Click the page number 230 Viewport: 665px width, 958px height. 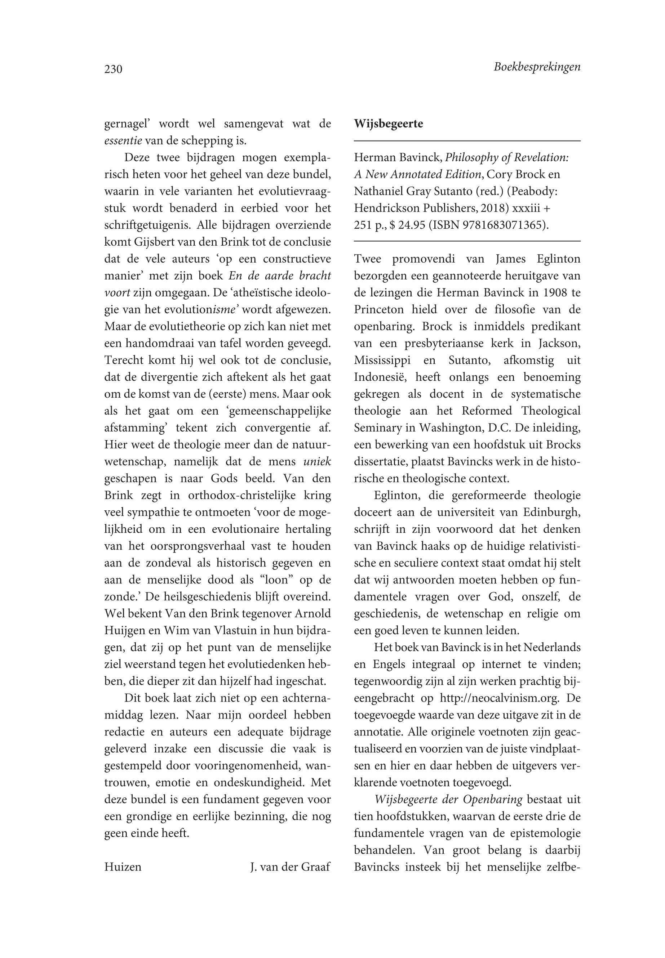point(113,69)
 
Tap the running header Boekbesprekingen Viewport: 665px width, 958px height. point(537,67)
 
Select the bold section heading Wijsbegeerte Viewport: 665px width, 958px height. point(388,124)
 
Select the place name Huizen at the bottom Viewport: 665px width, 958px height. point(123,867)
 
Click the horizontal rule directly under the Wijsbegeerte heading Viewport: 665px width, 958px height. point(467,142)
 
